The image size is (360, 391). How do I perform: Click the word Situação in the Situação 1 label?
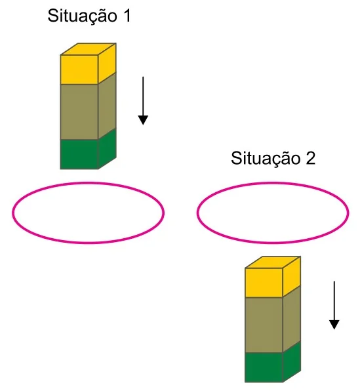(82, 16)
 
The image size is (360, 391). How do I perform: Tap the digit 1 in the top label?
(127, 16)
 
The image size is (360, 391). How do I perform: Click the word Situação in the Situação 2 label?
(266, 159)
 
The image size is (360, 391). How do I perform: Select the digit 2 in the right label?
(310, 158)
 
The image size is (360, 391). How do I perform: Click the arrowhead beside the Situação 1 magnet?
(143, 120)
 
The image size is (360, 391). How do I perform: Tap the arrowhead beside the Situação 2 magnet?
(334, 325)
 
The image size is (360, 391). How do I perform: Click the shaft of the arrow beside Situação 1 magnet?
(143, 96)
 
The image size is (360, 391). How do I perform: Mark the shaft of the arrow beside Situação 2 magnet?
(334, 301)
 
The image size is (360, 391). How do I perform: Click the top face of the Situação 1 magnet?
(89, 49)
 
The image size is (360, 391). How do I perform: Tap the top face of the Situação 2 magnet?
(273, 262)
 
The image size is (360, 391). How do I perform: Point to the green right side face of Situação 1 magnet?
(107, 149)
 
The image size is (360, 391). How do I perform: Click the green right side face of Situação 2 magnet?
(292, 362)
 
